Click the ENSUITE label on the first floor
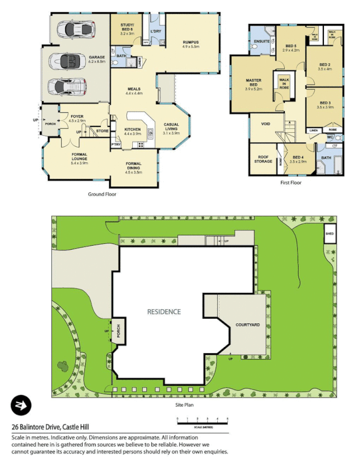(261, 41)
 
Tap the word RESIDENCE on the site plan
(164, 312)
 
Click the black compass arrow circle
(21, 405)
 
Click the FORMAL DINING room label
(138, 170)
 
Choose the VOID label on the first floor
(257, 123)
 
